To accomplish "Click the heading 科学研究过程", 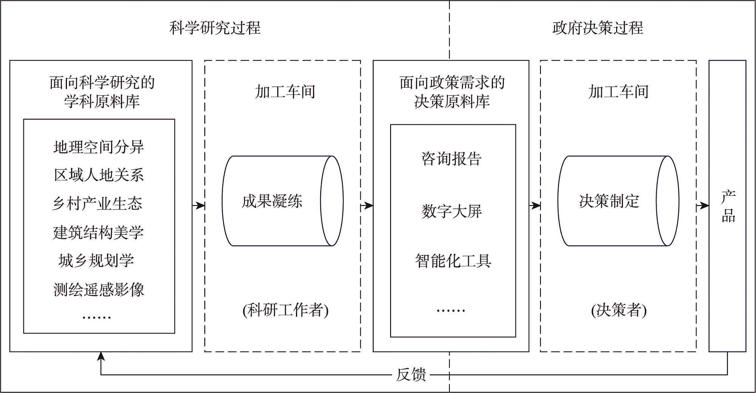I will coord(215,28).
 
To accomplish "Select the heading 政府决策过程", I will coord(598,28).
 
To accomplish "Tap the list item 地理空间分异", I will coord(99,147).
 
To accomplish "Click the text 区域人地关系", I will coord(99,175).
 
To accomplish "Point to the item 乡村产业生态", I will coord(98,204).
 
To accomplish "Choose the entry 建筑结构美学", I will coord(98,232).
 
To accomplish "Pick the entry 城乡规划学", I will coord(96,261).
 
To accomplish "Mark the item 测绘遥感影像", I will coord(99,290).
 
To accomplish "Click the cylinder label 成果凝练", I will coord(272,201).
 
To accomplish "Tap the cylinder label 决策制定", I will coord(609,201).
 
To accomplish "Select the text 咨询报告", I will coord(451,159).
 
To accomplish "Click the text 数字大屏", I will coord(452,211).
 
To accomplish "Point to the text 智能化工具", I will coord(453,261).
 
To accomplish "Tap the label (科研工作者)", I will coord(285,310).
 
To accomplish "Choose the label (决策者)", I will coord(619,310).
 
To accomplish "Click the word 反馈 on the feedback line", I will coord(411,375).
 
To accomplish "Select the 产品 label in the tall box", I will coord(728,206).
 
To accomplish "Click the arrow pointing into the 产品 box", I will coord(703,206).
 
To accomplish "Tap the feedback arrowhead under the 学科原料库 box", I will coord(101,356).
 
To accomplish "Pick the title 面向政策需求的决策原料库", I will coord(452,92).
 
